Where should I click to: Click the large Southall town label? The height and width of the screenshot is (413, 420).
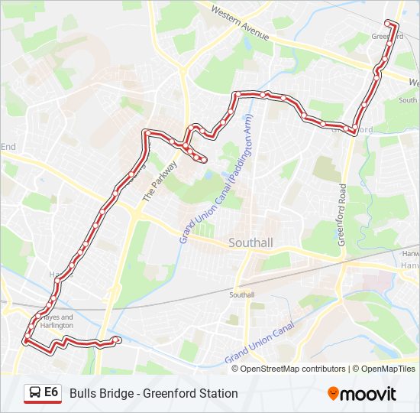pos(251,243)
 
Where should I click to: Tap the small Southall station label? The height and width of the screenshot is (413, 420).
pos(242,294)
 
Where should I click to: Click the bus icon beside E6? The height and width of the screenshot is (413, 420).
pos(34,393)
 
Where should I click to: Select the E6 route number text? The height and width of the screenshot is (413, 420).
pos(51,392)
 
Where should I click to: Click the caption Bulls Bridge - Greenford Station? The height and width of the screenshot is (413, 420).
pos(153,393)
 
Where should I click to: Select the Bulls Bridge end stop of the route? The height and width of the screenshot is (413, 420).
pos(117,340)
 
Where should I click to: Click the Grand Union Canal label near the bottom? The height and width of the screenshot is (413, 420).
pos(260,344)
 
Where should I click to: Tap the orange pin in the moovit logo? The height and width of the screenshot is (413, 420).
pos(334,394)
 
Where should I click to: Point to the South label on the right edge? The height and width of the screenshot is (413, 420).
pos(409,99)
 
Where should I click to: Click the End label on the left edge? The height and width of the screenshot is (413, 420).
pos(8,146)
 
